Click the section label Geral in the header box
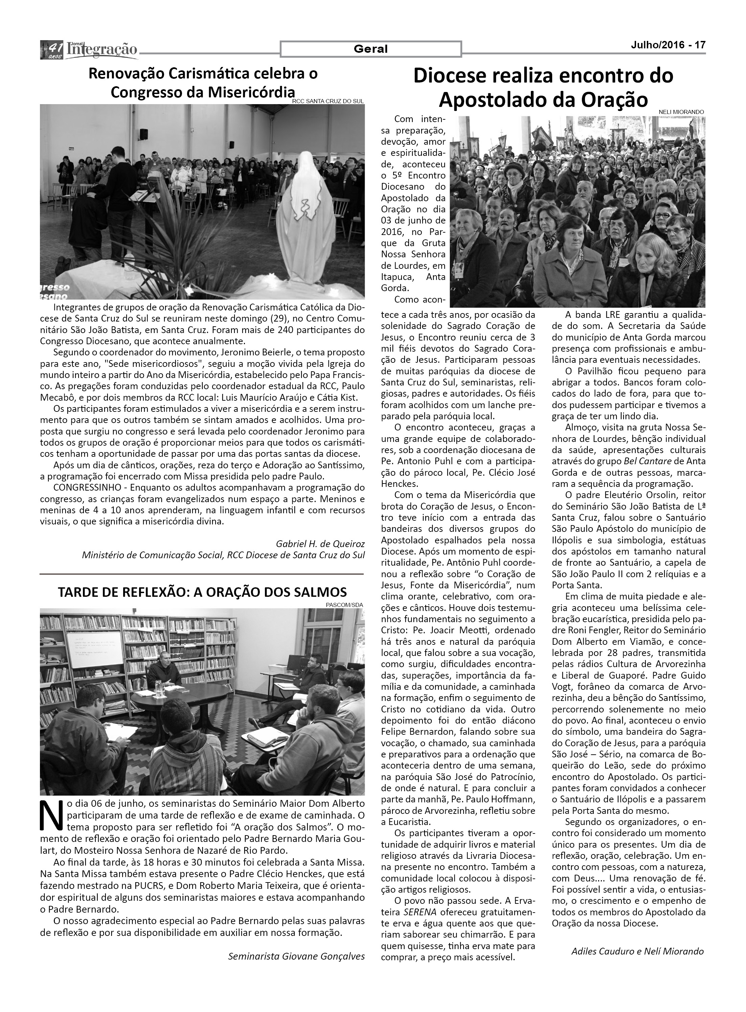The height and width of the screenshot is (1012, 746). click(x=371, y=49)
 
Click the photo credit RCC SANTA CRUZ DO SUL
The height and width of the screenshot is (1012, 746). click(x=328, y=101)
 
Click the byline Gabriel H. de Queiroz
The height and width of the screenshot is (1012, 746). click(x=320, y=544)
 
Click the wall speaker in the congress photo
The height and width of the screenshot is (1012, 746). click(x=143, y=135)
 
